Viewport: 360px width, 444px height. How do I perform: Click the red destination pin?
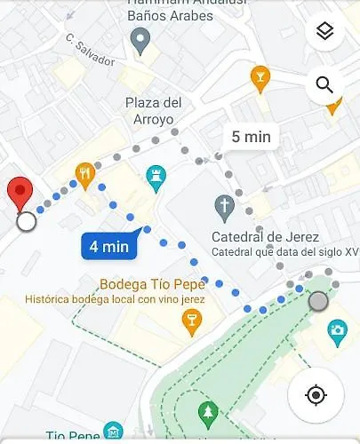pyautogui.click(x=20, y=193)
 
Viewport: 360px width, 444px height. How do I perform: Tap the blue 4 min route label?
pyautogui.click(x=108, y=246)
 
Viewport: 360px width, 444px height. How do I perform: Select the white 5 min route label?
pyautogui.click(x=251, y=137)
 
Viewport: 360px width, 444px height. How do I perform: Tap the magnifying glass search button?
pyautogui.click(x=324, y=86)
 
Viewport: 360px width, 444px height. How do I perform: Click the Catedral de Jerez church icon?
pyautogui.click(x=225, y=210)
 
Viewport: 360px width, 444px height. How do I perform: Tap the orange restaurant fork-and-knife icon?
pyautogui.click(x=85, y=173)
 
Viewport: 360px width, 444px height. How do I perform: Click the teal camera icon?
pyautogui.click(x=337, y=332)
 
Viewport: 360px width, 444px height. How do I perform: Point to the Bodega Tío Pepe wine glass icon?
pyautogui.click(x=190, y=321)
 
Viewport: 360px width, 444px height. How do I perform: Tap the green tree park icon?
pyautogui.click(x=208, y=411)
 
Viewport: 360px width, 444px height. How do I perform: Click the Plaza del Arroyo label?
pyautogui.click(x=153, y=111)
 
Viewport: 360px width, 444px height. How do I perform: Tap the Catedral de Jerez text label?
pyautogui.click(x=259, y=236)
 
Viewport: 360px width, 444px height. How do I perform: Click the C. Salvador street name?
pyautogui.click(x=90, y=51)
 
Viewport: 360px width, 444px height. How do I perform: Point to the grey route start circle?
pyautogui.click(x=317, y=301)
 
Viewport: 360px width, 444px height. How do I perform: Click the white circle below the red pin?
pyautogui.click(x=27, y=220)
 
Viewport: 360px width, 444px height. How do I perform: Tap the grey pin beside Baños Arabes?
pyautogui.click(x=140, y=39)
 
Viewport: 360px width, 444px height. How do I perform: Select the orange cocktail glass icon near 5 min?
pyautogui.click(x=260, y=77)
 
